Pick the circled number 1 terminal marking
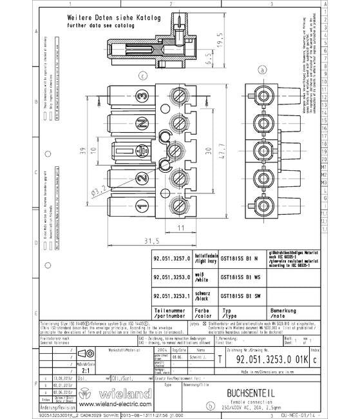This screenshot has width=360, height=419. tap(141, 206)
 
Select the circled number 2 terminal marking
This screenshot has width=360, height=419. tap(141, 179)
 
